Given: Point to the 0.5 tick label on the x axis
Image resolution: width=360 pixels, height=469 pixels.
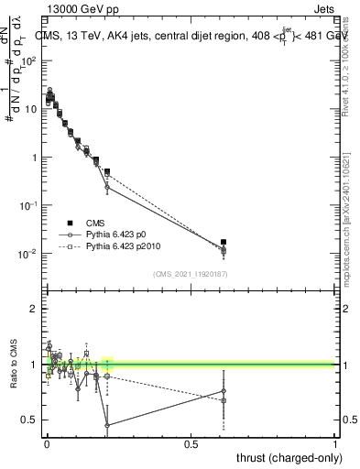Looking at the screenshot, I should [191, 444].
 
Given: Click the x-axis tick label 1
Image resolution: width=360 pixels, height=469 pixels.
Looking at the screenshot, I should [335, 444].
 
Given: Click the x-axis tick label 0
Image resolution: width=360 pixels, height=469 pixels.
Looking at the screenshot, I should [47, 444].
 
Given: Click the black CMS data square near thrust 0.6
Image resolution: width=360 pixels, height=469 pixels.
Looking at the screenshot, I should [224, 242].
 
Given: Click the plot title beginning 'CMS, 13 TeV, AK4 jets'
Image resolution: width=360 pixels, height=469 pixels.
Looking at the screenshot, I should [190, 37].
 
